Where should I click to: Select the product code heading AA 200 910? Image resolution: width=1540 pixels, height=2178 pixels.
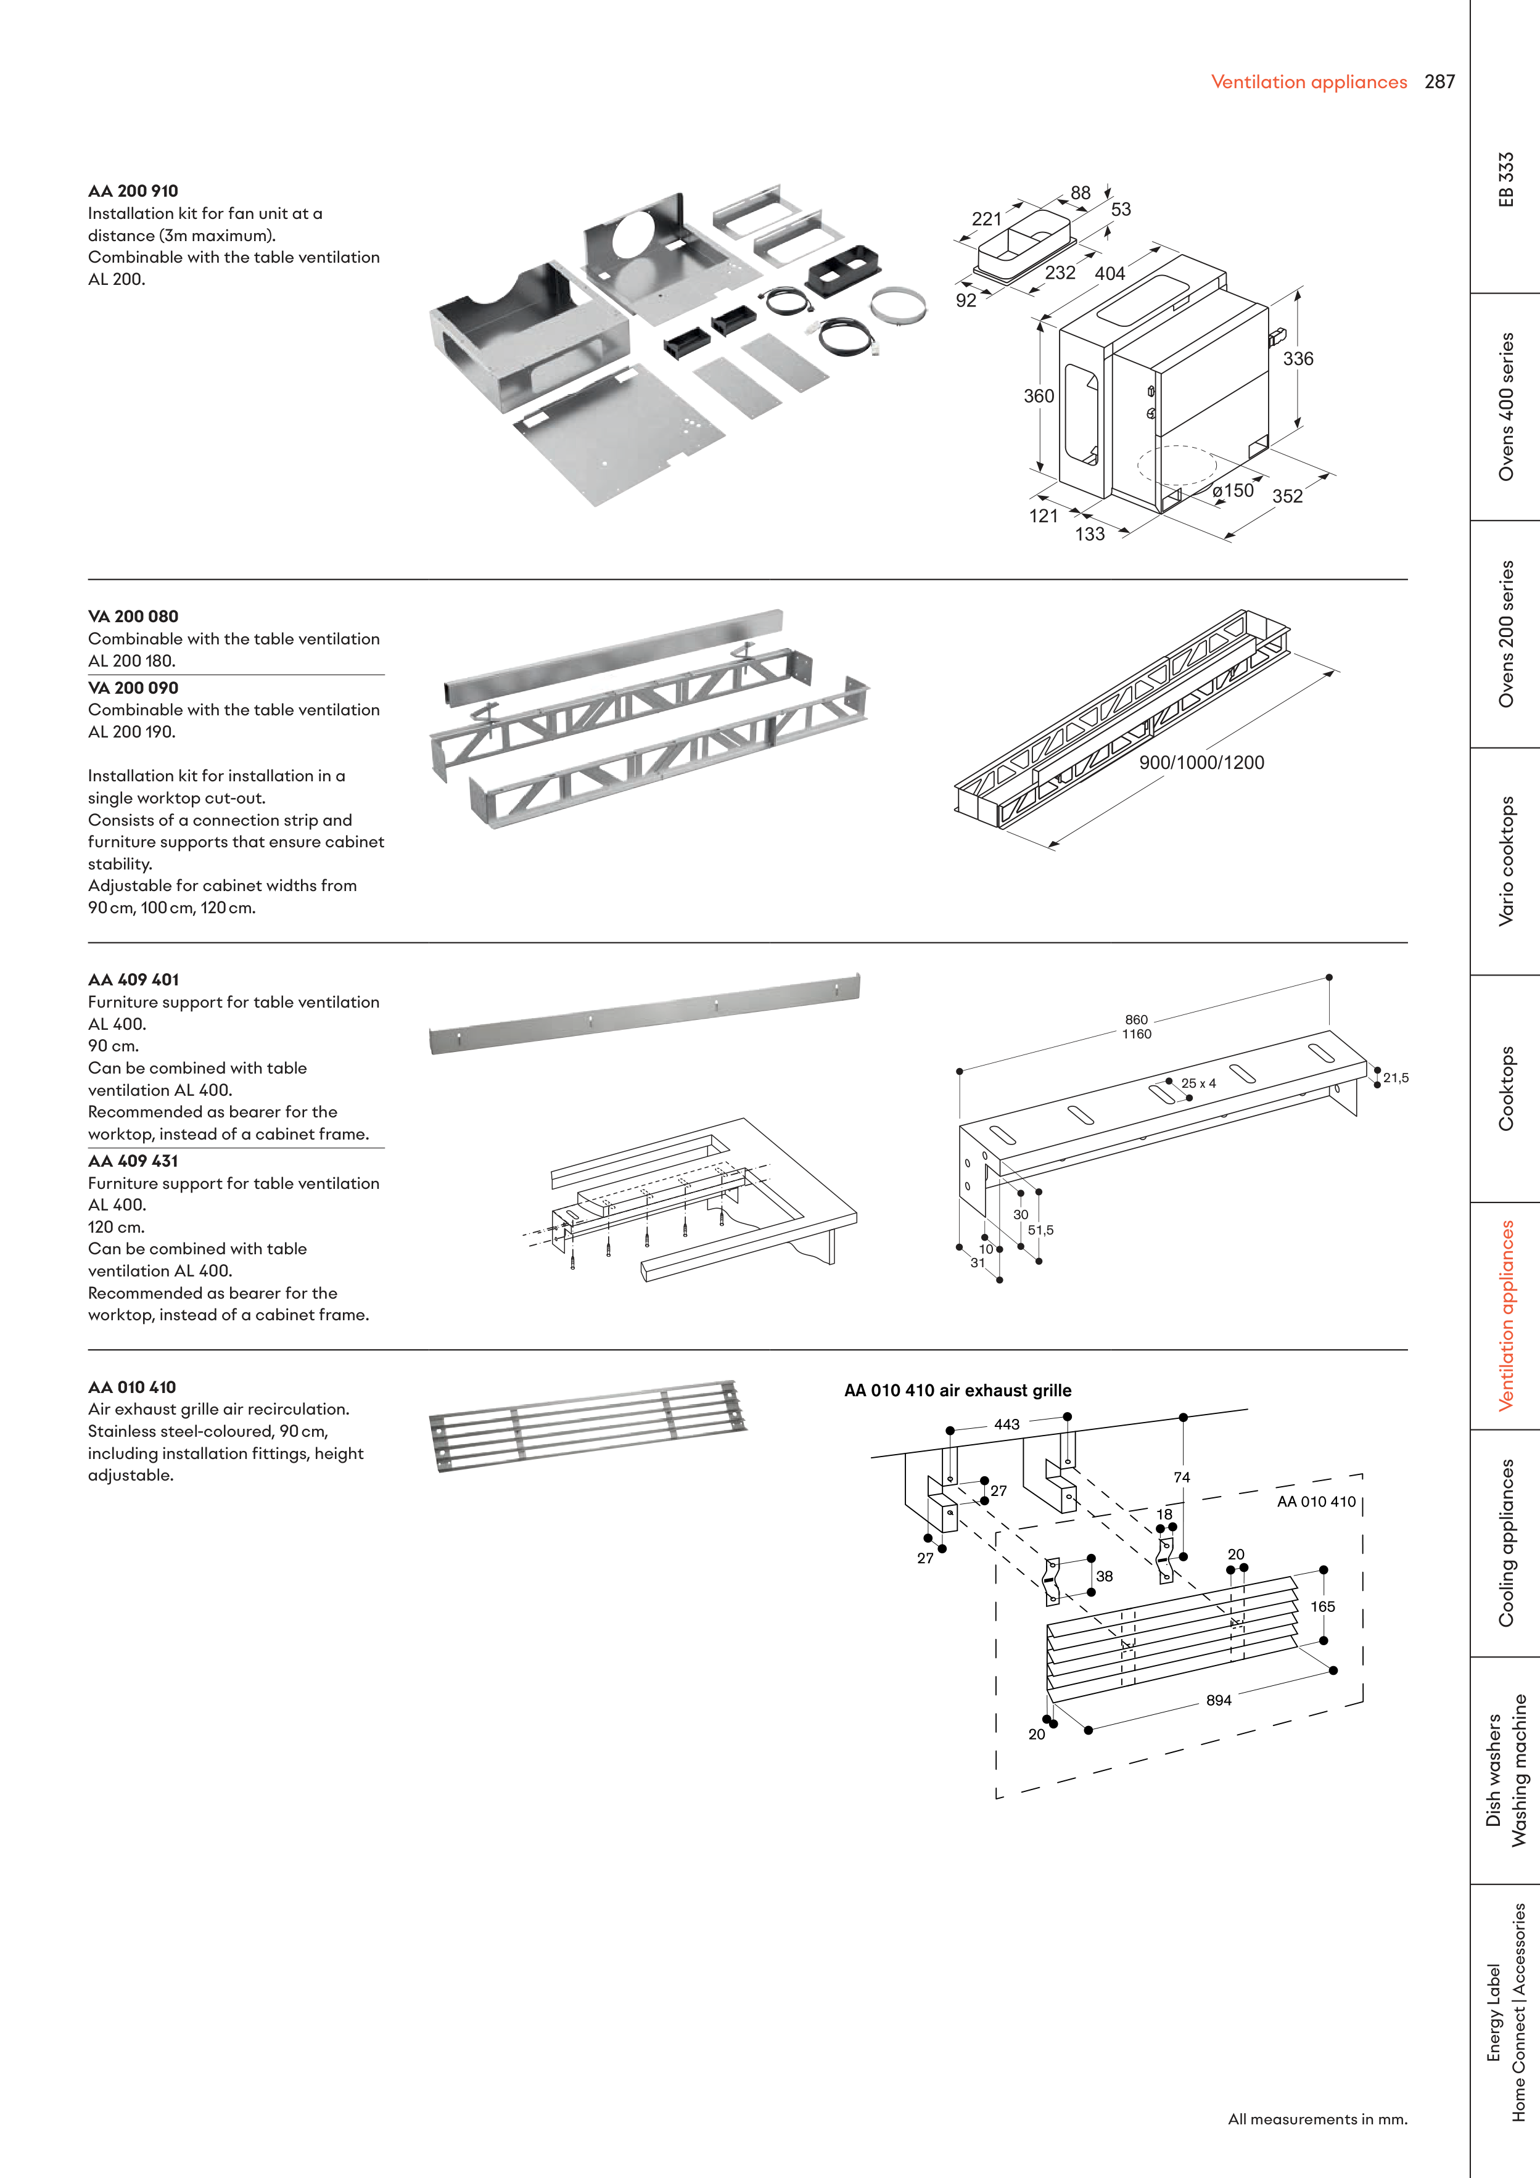133,191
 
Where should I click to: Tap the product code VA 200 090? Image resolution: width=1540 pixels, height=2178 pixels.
133,688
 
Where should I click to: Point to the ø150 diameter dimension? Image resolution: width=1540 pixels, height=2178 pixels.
1233,490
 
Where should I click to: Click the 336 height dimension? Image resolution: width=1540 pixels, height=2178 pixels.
1298,358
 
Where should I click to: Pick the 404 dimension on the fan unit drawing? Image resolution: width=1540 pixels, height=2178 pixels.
1110,273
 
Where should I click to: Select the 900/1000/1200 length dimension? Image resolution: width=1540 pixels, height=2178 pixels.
1201,763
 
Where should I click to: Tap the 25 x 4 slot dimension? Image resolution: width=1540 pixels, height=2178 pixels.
1198,1083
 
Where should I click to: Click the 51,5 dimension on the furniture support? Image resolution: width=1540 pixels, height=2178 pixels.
1041,1230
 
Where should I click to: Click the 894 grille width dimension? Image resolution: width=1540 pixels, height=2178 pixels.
1218,1701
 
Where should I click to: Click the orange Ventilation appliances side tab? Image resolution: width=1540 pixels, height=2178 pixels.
1506,1316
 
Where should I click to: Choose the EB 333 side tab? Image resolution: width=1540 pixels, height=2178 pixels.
1506,179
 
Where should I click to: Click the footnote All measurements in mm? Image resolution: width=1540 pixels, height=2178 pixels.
1317,2119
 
